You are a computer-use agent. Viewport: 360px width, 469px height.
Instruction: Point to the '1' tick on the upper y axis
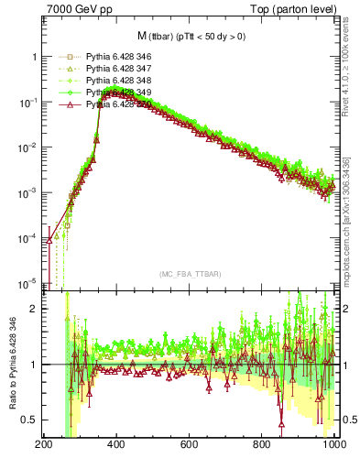click(x=34, y=57)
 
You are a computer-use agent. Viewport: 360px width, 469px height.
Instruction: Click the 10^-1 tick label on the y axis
click(x=27, y=102)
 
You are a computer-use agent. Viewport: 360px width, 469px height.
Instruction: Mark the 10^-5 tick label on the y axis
click(x=27, y=282)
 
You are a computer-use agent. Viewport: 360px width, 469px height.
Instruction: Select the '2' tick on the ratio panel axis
click(x=34, y=309)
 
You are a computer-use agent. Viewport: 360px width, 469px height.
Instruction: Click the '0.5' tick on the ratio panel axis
click(x=29, y=420)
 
